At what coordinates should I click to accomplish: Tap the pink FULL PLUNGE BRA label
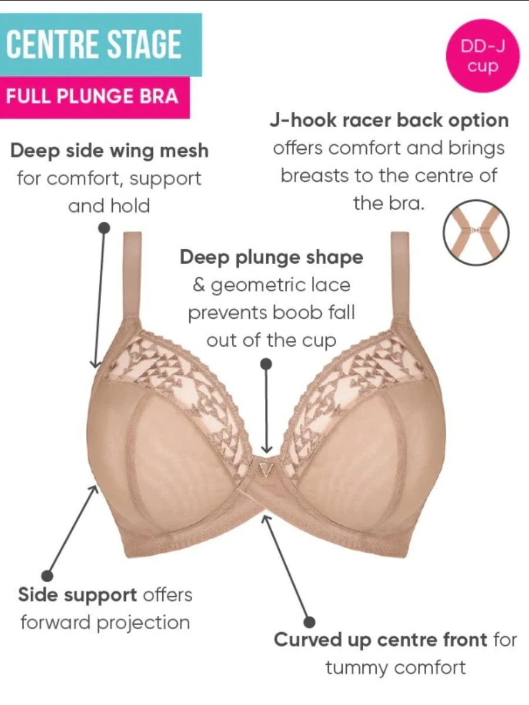(92, 96)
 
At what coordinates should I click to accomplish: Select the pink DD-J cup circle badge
(483, 56)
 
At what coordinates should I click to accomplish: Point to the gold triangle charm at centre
(266, 468)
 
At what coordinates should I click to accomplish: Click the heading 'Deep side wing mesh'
(109, 151)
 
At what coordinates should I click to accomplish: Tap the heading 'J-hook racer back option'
(389, 120)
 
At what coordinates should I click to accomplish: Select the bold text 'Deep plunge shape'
(272, 257)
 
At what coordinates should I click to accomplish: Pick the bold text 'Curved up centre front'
(381, 640)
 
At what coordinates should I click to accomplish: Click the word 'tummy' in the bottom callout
(356, 667)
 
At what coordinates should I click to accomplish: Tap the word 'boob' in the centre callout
(292, 313)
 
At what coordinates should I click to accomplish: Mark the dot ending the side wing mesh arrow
(105, 227)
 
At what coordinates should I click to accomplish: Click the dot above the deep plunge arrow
(266, 364)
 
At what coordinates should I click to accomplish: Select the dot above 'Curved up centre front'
(310, 620)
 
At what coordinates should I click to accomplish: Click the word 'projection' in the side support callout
(143, 622)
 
